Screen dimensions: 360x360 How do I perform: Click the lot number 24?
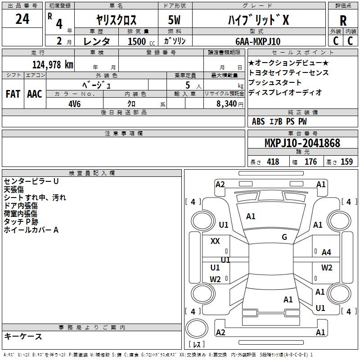(22, 19)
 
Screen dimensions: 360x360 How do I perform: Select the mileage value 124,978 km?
(53, 65)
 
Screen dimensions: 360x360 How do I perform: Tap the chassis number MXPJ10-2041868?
(302, 143)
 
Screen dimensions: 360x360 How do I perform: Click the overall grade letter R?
(343, 21)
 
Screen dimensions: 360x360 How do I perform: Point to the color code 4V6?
(75, 104)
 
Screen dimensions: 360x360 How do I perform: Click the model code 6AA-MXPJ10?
(258, 41)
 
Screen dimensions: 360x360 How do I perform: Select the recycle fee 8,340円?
(230, 104)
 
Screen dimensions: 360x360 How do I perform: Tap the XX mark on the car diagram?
(215, 241)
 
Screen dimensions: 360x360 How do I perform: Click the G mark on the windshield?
(284, 237)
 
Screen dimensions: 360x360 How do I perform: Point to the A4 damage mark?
(326, 252)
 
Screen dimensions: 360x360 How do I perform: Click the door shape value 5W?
(174, 20)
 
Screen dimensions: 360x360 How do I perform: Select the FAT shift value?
(13, 94)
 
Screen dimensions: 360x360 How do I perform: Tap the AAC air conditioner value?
(35, 94)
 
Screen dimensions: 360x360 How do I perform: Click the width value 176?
(310, 162)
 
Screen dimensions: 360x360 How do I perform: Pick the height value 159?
(346, 162)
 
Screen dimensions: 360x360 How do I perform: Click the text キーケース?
(23, 336)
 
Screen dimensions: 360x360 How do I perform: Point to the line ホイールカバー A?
(31, 230)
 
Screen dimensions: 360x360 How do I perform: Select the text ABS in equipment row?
(258, 121)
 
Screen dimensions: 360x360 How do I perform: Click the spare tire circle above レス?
(197, 328)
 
